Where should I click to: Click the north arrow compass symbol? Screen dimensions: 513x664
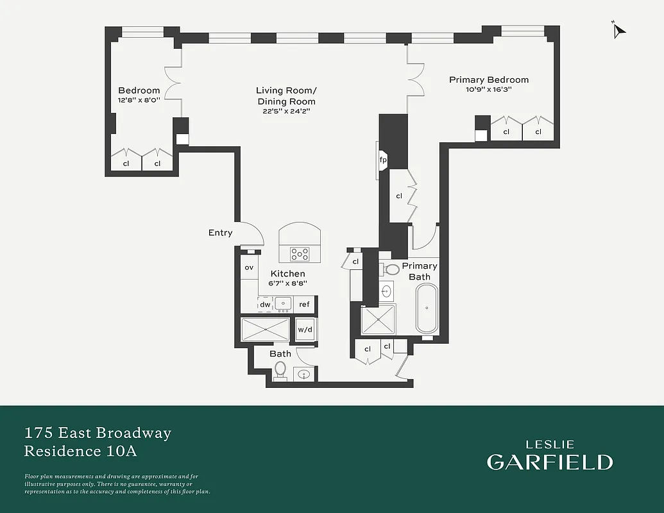618,30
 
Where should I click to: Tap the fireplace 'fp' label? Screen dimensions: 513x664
383,160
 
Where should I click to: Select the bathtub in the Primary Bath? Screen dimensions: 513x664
427,308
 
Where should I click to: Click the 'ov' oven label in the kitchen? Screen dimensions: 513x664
248,267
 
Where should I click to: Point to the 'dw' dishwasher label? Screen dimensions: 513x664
265,305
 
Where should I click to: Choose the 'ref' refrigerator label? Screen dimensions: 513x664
304,305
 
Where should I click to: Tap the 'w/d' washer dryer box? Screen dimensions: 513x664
305,330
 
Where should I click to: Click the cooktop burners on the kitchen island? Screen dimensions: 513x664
300,253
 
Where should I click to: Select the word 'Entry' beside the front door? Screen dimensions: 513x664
220,233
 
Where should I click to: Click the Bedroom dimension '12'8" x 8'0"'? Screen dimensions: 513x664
139,100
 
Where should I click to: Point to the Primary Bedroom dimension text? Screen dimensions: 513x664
489,90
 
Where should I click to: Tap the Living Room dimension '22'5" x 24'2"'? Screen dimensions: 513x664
286,112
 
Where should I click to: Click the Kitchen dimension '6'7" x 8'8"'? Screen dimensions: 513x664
287,283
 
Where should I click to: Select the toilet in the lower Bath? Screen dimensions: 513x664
280,371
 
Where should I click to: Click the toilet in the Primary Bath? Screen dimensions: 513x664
392,269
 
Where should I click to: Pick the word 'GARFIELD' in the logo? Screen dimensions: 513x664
549,462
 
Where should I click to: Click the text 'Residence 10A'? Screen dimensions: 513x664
81,451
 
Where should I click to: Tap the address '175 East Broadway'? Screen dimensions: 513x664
98,433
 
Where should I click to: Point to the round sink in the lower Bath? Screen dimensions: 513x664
305,374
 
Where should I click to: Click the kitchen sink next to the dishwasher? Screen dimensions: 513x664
283,304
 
